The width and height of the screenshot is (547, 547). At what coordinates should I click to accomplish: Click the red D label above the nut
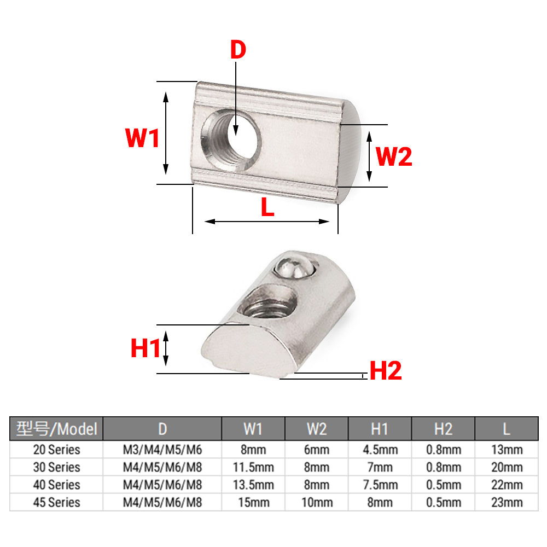point(238,50)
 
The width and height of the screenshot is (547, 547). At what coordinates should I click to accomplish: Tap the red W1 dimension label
point(142,138)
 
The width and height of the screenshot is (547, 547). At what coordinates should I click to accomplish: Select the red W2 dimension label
point(394,156)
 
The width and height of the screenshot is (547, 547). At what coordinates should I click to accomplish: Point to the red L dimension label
point(267,207)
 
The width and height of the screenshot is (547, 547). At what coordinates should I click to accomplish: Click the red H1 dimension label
point(146,348)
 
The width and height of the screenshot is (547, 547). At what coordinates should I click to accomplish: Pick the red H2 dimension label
point(386,370)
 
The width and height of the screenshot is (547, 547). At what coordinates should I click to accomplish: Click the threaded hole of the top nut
point(231,139)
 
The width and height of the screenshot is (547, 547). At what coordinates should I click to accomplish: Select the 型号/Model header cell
point(56,428)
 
